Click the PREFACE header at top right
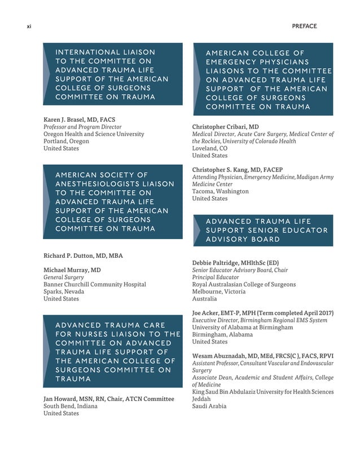304,27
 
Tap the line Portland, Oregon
67,142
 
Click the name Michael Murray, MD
72,270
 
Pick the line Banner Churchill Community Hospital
95,284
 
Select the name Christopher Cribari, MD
225,127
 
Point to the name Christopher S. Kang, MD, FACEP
237,170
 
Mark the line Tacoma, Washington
220,191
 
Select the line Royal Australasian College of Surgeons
244,284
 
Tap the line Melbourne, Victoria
219,292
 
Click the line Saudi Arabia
209,406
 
